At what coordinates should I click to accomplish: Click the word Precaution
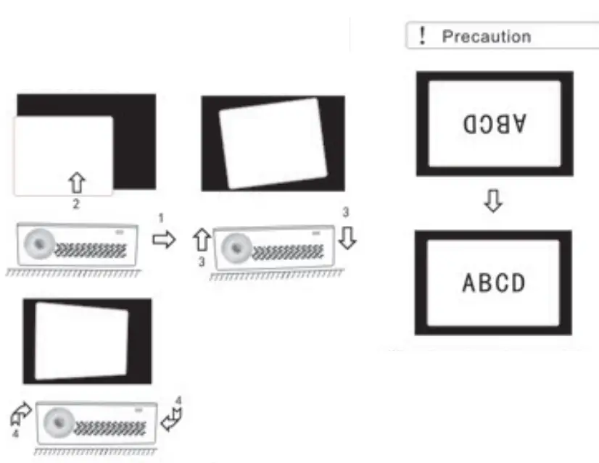(x=486, y=36)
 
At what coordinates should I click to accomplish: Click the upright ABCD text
(x=494, y=283)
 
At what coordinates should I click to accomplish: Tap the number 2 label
(x=76, y=204)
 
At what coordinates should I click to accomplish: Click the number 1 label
(x=161, y=217)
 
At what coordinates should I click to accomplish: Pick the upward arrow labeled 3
(x=203, y=239)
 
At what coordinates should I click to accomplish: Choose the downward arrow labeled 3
(x=347, y=238)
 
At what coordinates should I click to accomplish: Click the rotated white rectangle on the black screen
(x=273, y=143)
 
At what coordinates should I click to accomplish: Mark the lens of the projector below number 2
(x=38, y=243)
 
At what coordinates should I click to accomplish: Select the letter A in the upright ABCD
(x=470, y=283)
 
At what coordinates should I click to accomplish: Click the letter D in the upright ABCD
(x=517, y=283)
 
